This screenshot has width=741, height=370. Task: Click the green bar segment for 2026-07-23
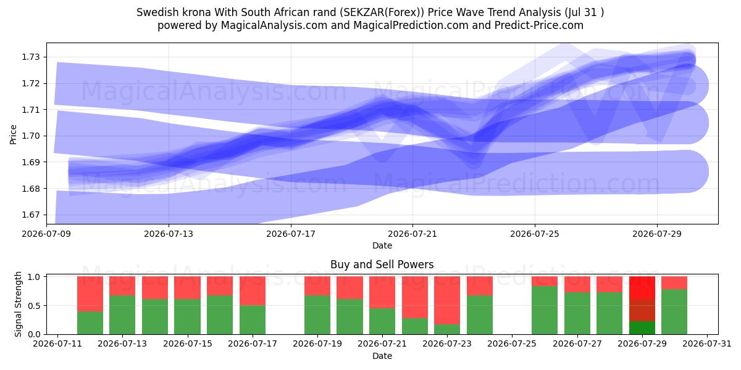tap(447, 329)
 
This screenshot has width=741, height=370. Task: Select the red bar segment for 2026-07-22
tap(415, 297)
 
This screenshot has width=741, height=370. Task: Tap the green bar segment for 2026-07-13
tap(122, 315)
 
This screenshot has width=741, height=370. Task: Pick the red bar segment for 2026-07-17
tap(253, 291)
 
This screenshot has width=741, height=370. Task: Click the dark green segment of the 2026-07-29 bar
tap(642, 327)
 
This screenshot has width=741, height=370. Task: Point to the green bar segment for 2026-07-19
tap(317, 315)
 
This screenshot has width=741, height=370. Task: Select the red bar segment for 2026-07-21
tap(382, 292)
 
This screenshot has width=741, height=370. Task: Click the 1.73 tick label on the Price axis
tap(31, 57)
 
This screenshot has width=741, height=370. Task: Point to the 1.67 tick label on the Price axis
tap(31, 215)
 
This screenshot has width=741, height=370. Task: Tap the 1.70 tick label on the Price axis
tap(31, 136)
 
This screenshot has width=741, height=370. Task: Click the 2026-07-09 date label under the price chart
tap(47, 234)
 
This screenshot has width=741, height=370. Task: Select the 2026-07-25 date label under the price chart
tap(535, 234)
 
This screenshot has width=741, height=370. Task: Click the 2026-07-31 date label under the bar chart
tap(707, 344)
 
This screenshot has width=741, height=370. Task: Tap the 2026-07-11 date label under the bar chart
tap(57, 344)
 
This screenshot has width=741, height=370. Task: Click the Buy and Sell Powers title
tap(382, 265)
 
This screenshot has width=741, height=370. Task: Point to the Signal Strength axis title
tap(18, 304)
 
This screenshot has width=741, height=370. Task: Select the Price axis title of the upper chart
tap(13, 134)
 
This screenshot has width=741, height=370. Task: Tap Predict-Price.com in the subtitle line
tap(539, 25)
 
